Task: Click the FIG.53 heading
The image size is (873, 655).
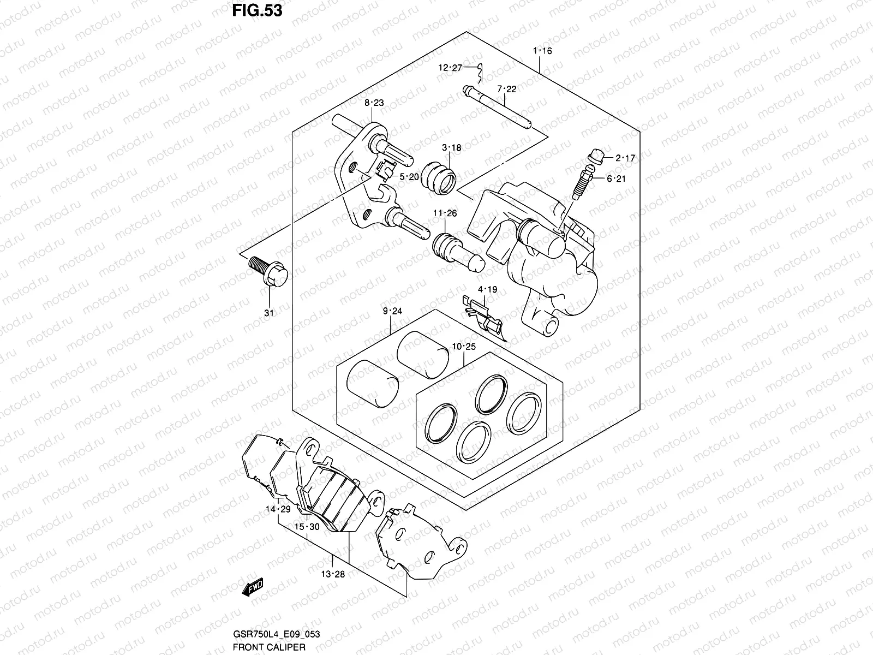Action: [258, 10]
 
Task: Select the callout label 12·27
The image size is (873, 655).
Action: [450, 68]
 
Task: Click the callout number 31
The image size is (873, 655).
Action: [268, 313]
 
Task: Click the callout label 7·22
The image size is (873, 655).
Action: [506, 89]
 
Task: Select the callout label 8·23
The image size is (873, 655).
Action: [374, 103]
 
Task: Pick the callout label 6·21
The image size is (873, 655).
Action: [616, 178]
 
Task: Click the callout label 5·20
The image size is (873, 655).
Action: [409, 176]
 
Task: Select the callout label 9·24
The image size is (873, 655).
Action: [392, 311]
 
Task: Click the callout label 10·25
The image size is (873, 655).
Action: [464, 346]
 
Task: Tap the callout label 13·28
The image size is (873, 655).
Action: [332, 574]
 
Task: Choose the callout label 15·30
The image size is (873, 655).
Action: [307, 527]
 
